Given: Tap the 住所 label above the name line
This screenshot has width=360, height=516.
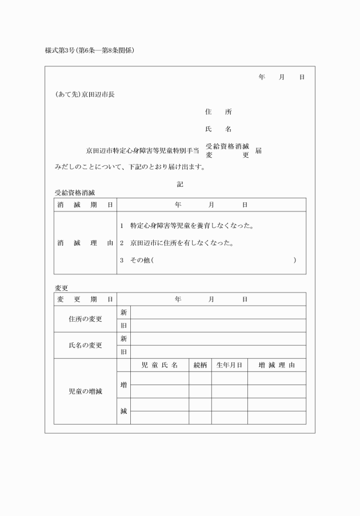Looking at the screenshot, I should coord(218,112).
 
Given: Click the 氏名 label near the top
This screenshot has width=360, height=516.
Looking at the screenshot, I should coord(218,129).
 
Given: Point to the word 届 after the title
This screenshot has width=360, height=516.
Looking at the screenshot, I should coord(259,151).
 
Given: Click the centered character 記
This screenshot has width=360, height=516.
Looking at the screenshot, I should coord(180,184).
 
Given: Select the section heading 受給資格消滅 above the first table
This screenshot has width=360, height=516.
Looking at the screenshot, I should coord(75,193).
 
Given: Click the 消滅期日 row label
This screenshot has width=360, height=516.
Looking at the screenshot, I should coord(85,205).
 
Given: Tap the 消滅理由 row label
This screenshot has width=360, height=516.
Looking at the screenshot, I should coord(85,243).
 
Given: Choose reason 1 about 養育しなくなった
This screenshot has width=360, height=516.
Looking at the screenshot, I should coord(187,226).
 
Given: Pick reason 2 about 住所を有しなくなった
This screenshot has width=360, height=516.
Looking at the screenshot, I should coord(177,243).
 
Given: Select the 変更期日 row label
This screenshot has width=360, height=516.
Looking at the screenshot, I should coord(85,299).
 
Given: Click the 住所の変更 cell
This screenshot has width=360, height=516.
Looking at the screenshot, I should coord(85,319).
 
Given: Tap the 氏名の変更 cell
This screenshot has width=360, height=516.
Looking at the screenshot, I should coord(85,345).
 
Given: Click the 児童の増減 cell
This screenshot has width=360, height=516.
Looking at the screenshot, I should coord(85,391).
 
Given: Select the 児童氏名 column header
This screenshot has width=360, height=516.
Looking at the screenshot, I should coord(159,365).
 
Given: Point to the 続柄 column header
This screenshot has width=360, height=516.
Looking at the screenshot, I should coord(200,365).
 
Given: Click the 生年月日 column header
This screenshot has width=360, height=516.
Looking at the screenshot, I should coord(230,365).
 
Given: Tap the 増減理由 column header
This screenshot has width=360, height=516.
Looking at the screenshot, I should coord(277,365).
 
